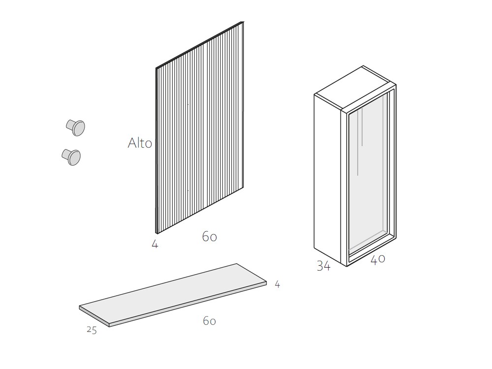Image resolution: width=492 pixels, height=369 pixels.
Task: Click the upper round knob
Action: coord(76,127)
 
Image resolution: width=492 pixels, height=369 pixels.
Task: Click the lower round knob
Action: coord(71,157)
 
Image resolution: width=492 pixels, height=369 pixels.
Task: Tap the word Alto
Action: coord(140,143)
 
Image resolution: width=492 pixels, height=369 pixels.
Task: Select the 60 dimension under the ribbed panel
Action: coord(210,237)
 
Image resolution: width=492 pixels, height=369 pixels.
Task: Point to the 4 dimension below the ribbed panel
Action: coord(154,244)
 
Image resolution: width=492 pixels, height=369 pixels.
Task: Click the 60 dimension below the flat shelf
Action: coord(209,321)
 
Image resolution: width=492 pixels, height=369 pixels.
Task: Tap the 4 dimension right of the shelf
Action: coord(277,284)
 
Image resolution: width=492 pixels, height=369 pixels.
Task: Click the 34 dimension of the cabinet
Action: coord(324,266)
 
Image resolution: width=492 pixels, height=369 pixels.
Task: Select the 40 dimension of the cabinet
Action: coord(378,259)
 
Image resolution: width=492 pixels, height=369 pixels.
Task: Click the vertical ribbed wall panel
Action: coord(200,128)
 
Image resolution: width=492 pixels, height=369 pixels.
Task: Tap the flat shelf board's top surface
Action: coord(173,293)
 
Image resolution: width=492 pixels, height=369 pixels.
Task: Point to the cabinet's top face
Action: coord(355,88)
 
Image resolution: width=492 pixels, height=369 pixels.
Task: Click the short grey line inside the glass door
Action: coord(363,127)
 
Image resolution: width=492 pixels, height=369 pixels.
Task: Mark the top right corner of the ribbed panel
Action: coord(244,21)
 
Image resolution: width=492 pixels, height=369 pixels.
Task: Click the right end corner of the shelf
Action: coord(267,281)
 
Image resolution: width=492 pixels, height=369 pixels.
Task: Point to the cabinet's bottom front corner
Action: coord(347,267)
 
